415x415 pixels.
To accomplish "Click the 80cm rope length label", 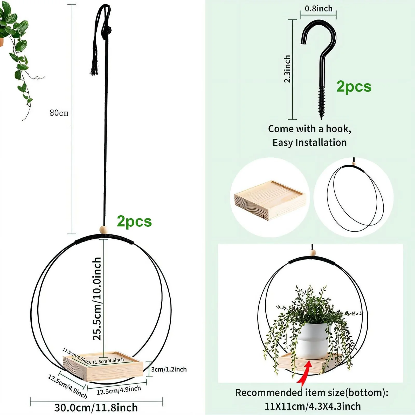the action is (59, 113).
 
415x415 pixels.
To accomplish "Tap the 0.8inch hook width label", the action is (319, 9).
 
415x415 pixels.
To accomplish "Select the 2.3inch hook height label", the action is (287, 69).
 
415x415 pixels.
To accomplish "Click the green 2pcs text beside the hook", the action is (354, 87).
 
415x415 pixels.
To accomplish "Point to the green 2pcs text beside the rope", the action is (134, 222).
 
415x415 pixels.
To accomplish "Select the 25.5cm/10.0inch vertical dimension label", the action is (97, 299).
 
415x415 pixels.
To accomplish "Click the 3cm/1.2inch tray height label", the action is (169, 369).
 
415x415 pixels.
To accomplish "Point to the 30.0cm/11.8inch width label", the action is (96, 407).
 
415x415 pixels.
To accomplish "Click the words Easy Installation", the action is (310, 143).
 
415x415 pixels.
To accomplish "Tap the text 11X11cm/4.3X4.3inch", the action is (313, 406).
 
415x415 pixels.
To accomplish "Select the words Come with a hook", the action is (310, 129).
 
